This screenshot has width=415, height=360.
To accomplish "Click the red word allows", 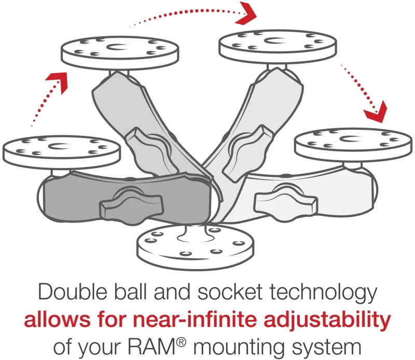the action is [57, 319].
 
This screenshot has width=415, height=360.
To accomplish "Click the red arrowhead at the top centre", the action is [245, 14].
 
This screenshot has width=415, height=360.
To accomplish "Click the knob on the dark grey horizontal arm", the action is [131, 204].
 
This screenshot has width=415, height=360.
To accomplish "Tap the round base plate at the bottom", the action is [196, 247].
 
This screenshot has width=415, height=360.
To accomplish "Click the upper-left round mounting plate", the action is [120, 53].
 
